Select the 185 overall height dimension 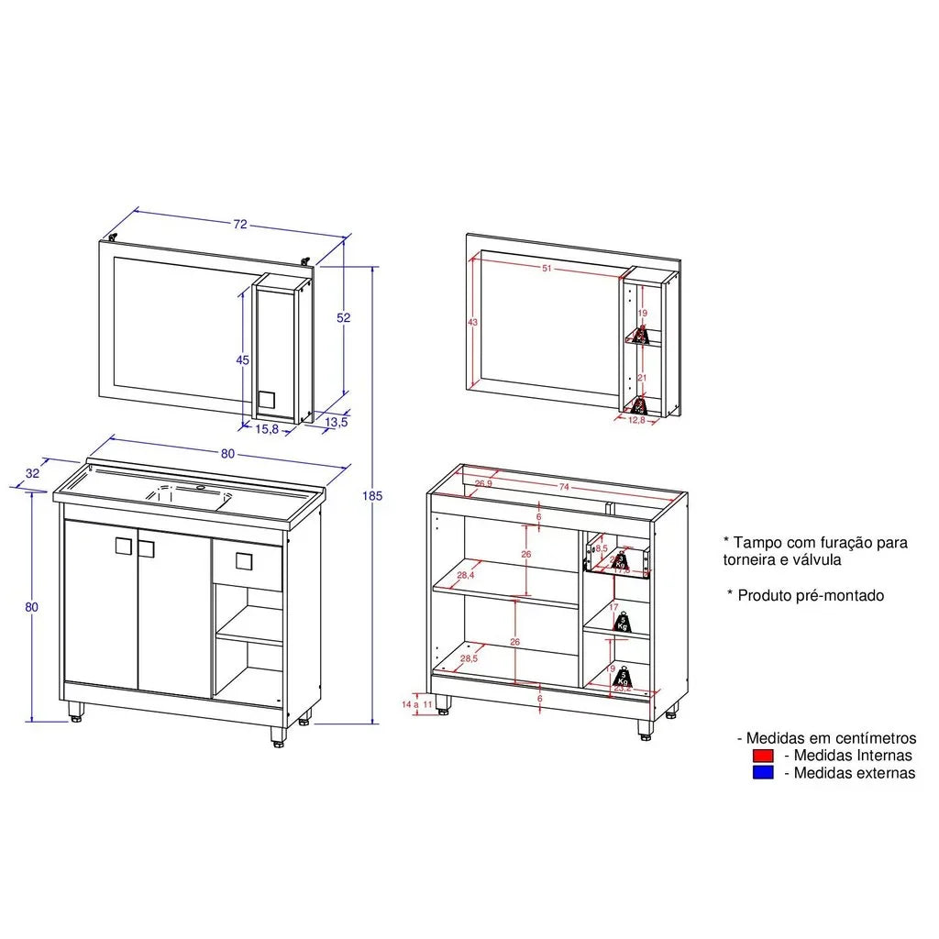[x=371, y=496]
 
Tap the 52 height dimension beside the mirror [x=343, y=318]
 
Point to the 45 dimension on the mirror [x=242, y=360]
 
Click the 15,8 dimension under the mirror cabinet [x=268, y=428]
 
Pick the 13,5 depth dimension [x=337, y=423]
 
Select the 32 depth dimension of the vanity [x=33, y=473]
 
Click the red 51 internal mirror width [x=547, y=269]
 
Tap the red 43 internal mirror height [x=473, y=323]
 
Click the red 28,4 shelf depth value [x=465, y=576]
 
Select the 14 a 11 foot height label [x=417, y=704]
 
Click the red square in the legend [x=763, y=756]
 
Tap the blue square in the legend [x=763, y=773]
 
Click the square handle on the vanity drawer [x=243, y=560]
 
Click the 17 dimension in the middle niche [x=614, y=606]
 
